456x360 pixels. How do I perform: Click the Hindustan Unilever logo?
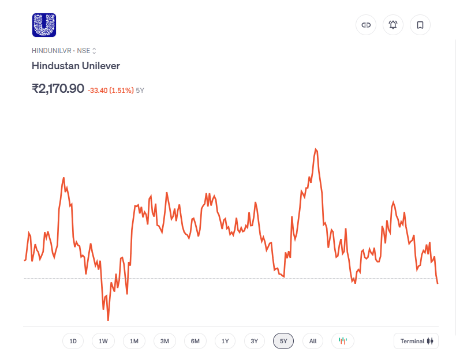[x=44, y=25]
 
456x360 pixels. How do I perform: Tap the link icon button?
[x=366, y=25]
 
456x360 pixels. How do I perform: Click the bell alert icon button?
[x=393, y=25]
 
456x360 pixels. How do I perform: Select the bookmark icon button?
[x=420, y=25]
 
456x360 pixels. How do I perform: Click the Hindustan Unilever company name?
[x=76, y=66]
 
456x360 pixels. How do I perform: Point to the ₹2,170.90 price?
[x=58, y=89]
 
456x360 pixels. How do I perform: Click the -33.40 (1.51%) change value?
[x=110, y=91]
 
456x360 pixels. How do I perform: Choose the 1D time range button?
[x=73, y=341]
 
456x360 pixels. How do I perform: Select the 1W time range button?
[x=103, y=341]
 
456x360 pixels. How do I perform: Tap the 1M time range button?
[x=134, y=341]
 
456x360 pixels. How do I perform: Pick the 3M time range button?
[x=165, y=341]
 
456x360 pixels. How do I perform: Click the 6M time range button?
[x=195, y=341]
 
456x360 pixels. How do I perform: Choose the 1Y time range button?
[x=225, y=341]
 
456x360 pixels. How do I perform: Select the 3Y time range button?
[x=255, y=341]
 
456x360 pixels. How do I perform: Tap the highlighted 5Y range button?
[x=283, y=341]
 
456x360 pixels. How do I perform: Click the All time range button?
[x=313, y=341]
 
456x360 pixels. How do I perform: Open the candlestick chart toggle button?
[x=343, y=341]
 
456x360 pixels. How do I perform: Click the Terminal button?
[x=416, y=341]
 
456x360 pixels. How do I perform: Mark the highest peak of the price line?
[x=316, y=149]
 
